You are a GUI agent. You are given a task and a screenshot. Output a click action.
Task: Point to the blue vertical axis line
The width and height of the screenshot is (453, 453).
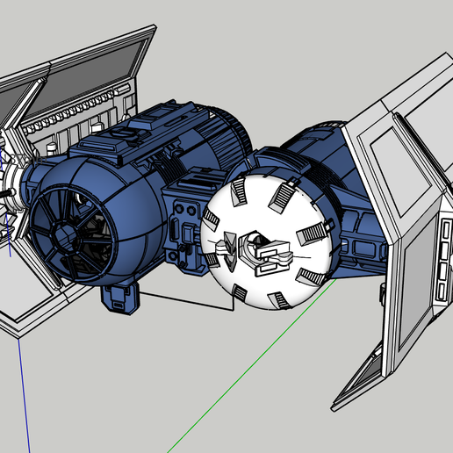tap(25, 386)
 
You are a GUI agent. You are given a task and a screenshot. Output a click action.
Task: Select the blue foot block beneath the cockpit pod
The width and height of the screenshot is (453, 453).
tap(120, 296)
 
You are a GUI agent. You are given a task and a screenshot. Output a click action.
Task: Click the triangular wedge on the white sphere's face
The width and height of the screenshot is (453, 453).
tap(230, 245)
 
